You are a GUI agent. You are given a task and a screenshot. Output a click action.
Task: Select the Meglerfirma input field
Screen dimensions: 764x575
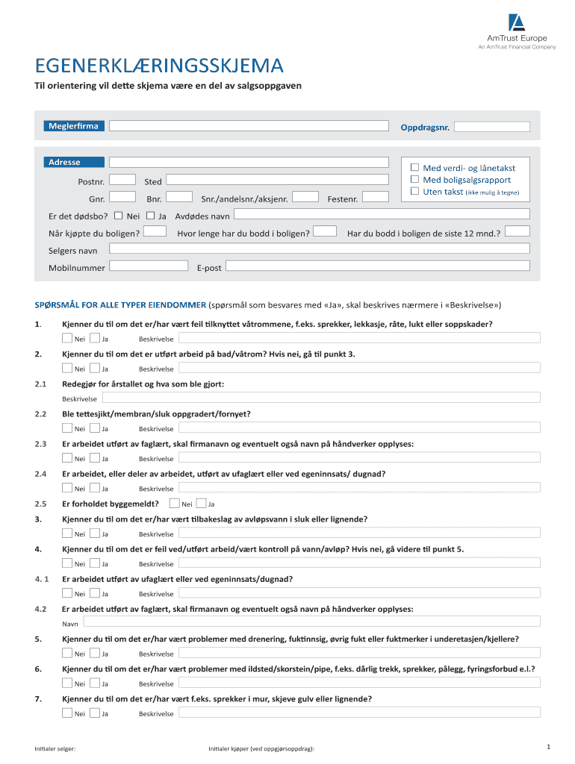coord(249,125)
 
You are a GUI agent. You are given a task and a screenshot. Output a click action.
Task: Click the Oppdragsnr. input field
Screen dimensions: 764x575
coord(492,127)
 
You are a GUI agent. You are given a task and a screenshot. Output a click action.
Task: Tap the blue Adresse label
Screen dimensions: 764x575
coord(73,162)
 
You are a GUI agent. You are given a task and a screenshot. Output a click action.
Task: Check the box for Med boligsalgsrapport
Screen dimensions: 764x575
coord(416,180)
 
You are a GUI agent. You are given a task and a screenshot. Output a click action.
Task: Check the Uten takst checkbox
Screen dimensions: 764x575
coord(416,192)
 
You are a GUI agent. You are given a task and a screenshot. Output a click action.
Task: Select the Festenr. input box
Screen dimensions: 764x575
coord(376,197)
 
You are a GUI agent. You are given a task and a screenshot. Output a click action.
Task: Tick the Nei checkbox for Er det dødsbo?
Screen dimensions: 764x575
coord(118,216)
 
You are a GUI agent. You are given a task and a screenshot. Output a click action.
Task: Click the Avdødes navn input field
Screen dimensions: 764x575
coord(381,215)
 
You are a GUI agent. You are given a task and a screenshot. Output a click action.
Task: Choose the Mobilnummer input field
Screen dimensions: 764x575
coord(149,266)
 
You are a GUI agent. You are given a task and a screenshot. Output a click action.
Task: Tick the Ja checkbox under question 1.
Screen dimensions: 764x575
coord(95,337)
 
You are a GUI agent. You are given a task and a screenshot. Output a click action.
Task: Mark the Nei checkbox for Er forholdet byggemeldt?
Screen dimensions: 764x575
coord(175,503)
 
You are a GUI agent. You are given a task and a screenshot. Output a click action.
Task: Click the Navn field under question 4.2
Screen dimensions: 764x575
coord(311,621)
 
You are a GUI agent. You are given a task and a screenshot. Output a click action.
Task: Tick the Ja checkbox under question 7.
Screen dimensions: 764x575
coord(95,713)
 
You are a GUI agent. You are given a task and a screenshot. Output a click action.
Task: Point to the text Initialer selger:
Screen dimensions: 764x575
coord(55,748)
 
